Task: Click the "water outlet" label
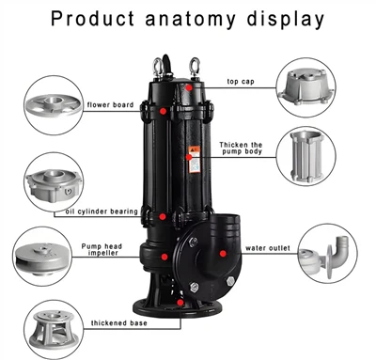coord(265,250)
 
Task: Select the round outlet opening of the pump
coord(226,227)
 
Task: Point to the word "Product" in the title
coord(98,18)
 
